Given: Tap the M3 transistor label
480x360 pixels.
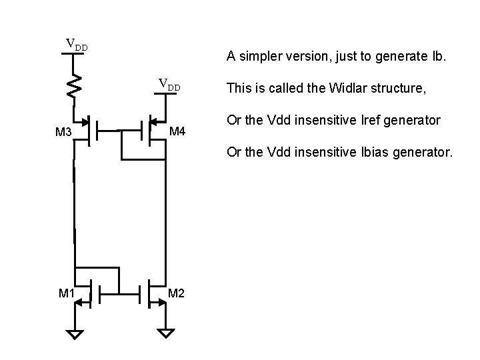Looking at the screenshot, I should coord(64,133).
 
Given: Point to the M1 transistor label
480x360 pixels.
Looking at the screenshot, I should coord(67,293).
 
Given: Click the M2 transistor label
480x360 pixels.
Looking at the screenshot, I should coord(177,293).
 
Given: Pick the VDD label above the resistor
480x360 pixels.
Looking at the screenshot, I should coord(76,45).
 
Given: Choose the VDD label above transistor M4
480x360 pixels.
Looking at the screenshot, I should coord(169,85).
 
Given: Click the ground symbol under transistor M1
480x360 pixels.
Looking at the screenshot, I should coord(76,334).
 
